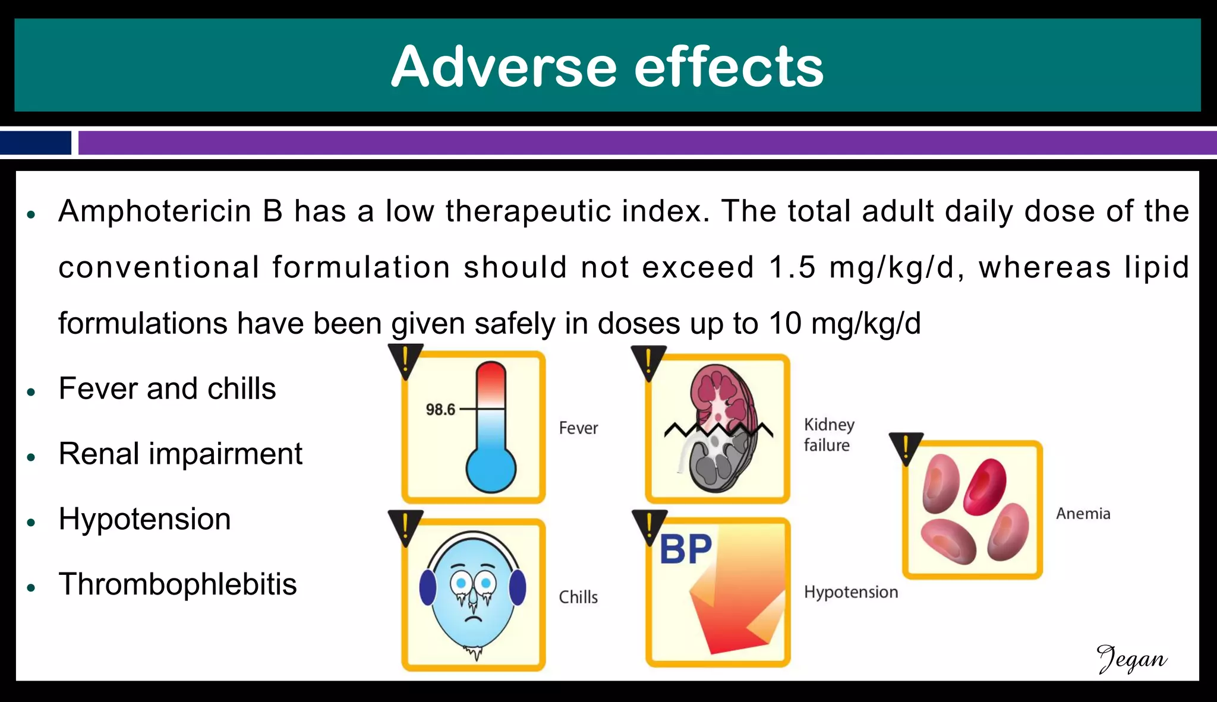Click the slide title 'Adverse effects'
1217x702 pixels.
[607, 67]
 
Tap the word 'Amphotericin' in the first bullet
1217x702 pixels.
[155, 211]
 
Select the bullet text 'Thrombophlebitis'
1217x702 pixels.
[178, 584]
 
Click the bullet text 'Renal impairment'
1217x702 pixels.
[181, 454]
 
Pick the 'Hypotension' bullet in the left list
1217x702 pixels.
[144, 519]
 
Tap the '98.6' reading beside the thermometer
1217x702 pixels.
[440, 410]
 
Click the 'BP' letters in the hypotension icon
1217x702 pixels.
[685, 549]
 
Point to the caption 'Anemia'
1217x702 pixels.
[1083, 514]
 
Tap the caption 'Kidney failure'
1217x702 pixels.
[828, 435]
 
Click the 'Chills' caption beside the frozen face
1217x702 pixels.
[578, 597]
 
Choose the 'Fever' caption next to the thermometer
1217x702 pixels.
[578, 428]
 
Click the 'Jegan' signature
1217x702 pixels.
[1131, 659]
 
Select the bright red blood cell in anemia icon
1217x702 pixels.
[985, 486]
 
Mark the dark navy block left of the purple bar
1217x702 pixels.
[36, 143]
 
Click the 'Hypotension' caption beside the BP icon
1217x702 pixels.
[851, 592]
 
